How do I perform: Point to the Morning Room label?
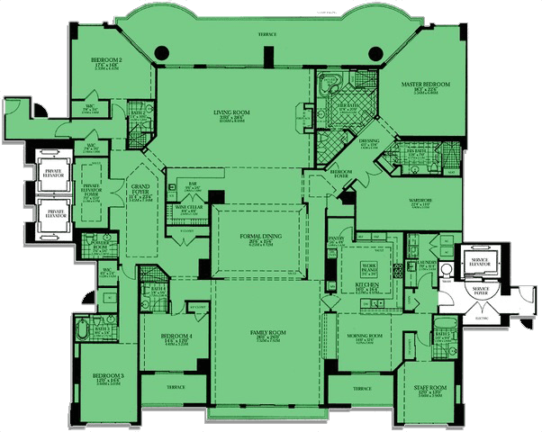click(364, 338)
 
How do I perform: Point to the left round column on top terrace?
click(164, 52)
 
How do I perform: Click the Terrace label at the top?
click(267, 34)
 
